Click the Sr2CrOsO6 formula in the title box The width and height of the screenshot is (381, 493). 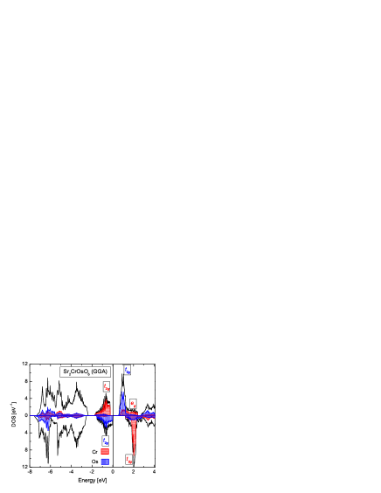tap(77, 371)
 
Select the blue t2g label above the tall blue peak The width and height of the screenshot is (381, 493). tap(127, 370)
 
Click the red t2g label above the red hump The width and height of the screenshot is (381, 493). tap(107, 386)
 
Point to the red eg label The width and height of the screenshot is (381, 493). tap(133, 404)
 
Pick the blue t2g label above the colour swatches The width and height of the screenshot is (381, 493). tap(106, 441)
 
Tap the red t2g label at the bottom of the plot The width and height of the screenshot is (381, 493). tap(128, 459)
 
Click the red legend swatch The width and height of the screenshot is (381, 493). tap(105, 451)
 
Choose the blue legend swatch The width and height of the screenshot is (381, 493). tap(105, 461)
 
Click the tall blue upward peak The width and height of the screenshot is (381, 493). tap(122, 402)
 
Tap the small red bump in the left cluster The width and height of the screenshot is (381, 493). tap(59, 413)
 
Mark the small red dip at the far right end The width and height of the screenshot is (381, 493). tap(149, 419)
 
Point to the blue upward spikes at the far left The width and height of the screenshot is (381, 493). tap(44, 411)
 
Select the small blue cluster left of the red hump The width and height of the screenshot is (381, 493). tap(77, 415)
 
